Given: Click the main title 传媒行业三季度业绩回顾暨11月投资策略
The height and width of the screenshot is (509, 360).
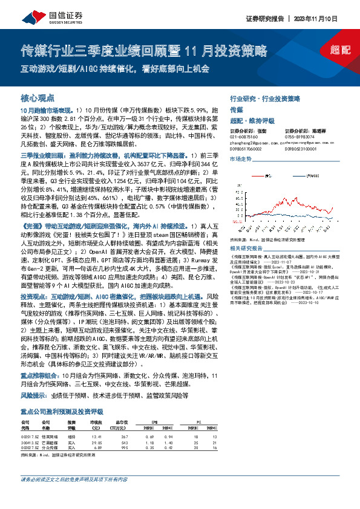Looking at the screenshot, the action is tap(144, 50).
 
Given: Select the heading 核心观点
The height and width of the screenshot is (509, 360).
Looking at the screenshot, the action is tap(38, 97).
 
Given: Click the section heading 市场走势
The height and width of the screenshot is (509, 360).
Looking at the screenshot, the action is tap(240, 158).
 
